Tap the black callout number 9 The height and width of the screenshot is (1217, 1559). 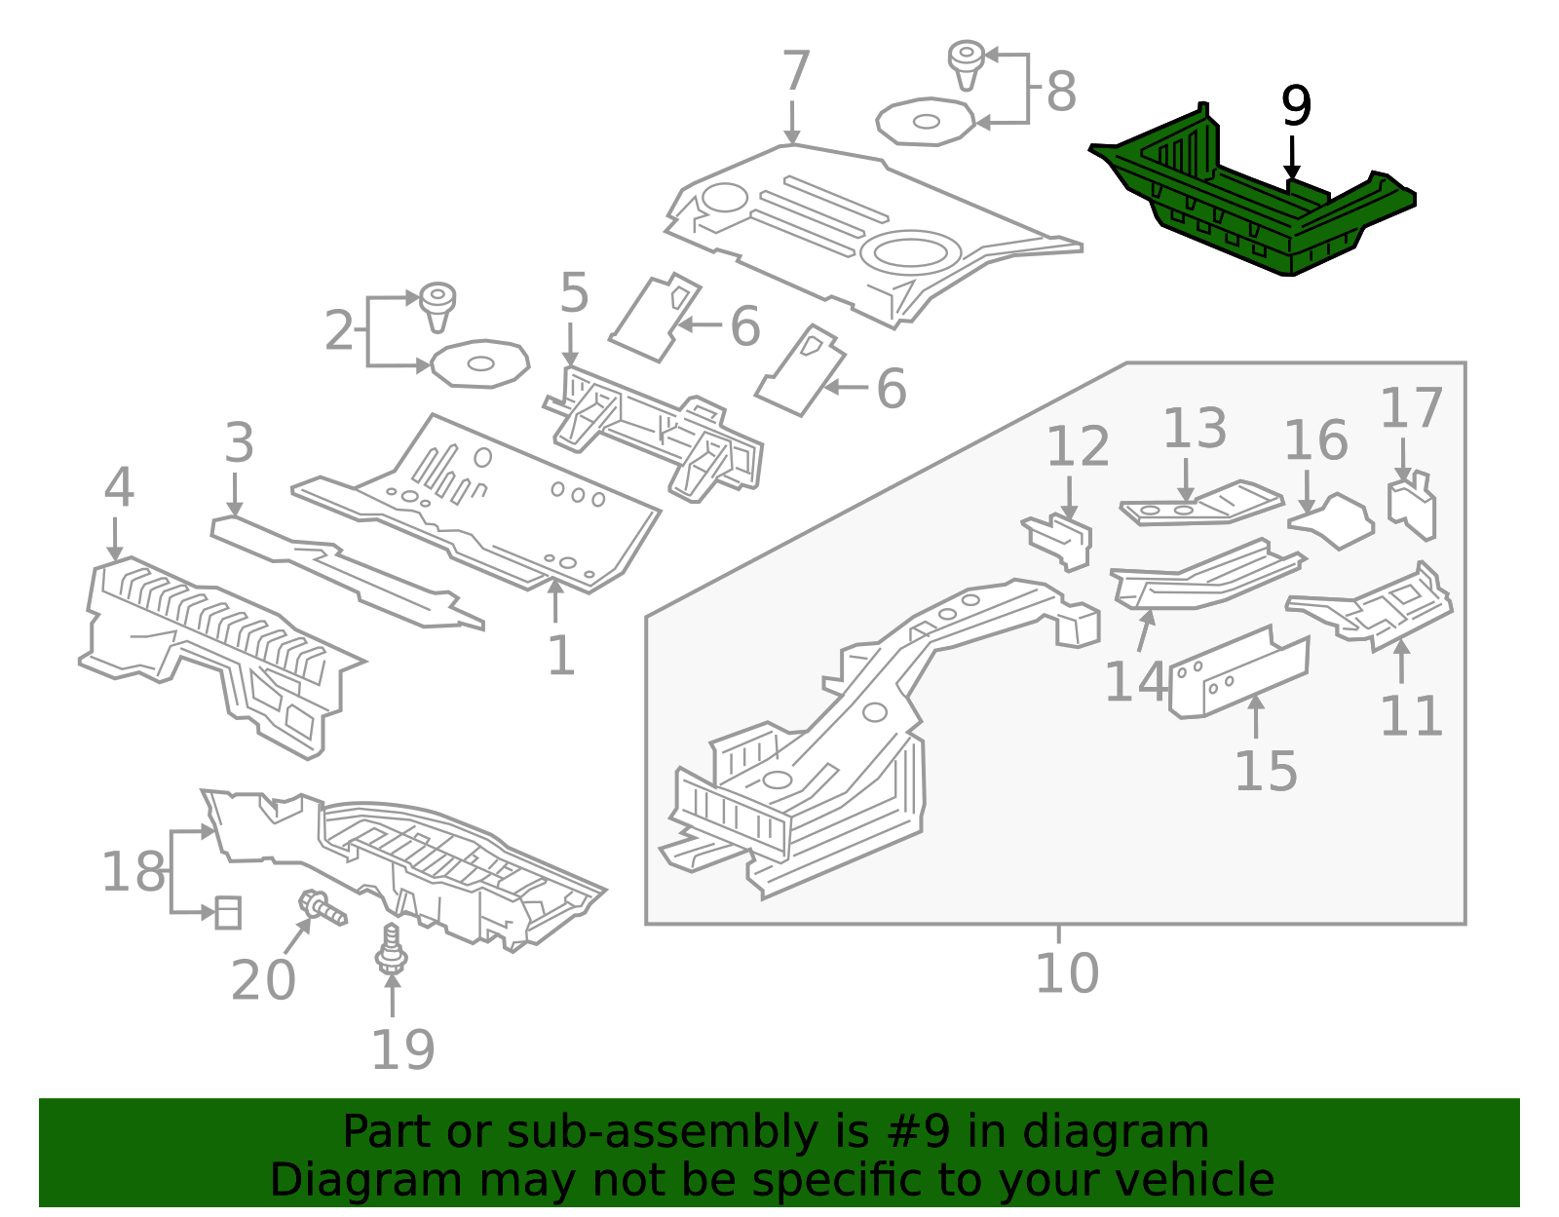[1295, 106]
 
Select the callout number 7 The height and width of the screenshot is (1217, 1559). [795, 72]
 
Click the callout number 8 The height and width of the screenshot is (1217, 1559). [1061, 93]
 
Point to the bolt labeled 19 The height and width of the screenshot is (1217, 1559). [392, 949]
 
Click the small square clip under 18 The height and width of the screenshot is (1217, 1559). [227, 913]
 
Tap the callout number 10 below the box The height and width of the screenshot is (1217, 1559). [1066, 972]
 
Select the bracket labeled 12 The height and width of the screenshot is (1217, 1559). [1060, 540]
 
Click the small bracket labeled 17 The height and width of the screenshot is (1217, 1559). [1412, 504]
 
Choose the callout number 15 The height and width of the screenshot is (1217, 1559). [1266, 772]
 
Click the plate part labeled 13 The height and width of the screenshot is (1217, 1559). [1200, 503]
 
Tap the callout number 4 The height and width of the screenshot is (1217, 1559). [119, 487]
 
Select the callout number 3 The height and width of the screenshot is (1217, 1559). [239, 443]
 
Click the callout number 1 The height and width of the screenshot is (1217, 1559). [560, 656]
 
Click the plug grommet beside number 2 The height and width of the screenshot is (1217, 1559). [437, 304]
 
